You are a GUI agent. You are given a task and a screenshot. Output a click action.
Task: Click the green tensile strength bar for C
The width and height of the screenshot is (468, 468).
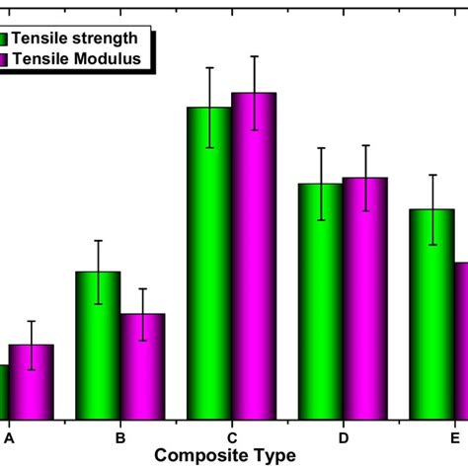click(x=209, y=262)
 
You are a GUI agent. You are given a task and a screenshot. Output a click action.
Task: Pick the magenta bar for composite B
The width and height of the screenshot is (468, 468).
click(x=142, y=365)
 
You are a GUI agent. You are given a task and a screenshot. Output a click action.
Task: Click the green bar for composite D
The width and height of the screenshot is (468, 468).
click(x=320, y=300)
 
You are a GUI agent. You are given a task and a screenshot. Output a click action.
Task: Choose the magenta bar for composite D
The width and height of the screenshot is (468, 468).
click(x=365, y=297)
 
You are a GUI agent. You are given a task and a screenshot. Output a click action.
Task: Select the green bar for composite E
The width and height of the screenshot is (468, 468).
click(x=431, y=313)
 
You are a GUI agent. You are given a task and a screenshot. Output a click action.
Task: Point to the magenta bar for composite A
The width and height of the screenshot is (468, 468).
click(x=32, y=380)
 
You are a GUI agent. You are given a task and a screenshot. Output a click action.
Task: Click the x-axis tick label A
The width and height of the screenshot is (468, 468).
click(x=10, y=436)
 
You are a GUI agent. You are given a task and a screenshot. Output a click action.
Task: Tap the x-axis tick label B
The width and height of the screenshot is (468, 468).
click(x=120, y=436)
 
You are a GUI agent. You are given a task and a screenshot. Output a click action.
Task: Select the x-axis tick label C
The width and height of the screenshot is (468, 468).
click(x=232, y=436)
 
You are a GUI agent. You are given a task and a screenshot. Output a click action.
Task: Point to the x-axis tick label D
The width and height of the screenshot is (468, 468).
click(x=344, y=436)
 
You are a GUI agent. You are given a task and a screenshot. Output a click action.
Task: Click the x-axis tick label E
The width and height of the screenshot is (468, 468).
click(x=454, y=436)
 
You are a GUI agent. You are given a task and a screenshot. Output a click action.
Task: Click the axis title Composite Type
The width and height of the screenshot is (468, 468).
click(x=225, y=455)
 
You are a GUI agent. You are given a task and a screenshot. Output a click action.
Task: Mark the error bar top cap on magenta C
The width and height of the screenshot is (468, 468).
click(x=254, y=56)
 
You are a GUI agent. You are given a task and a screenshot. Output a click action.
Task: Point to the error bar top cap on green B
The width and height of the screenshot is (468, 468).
click(x=98, y=241)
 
